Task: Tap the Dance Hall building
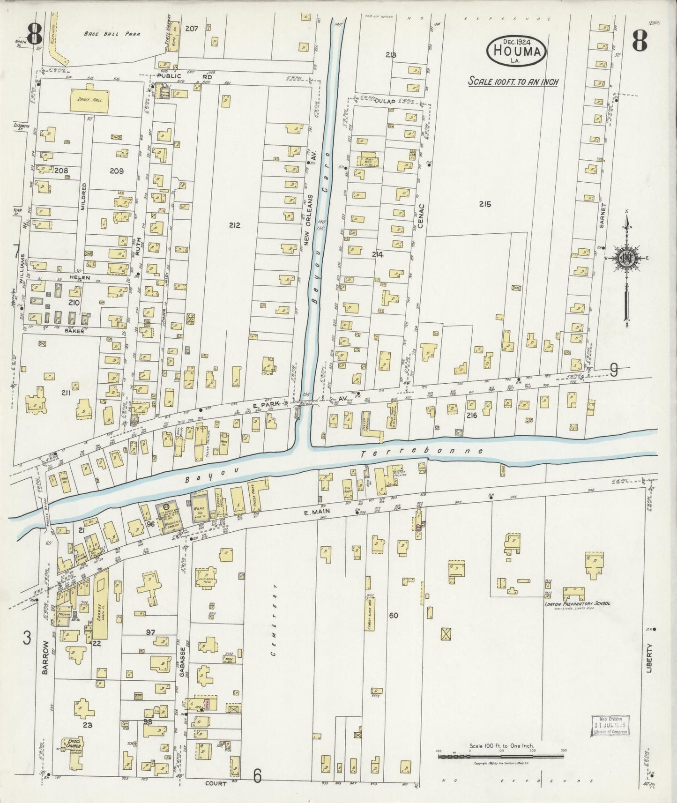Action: click(x=90, y=100)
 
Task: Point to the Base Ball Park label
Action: click(x=112, y=34)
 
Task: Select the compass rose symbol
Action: click(x=626, y=259)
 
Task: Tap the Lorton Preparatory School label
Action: click(x=577, y=603)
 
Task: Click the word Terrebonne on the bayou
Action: click(x=423, y=452)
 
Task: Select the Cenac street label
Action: click(x=420, y=216)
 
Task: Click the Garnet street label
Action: click(x=603, y=216)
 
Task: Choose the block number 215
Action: click(x=485, y=204)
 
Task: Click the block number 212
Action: click(x=235, y=225)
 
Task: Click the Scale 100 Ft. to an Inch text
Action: click(x=513, y=82)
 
